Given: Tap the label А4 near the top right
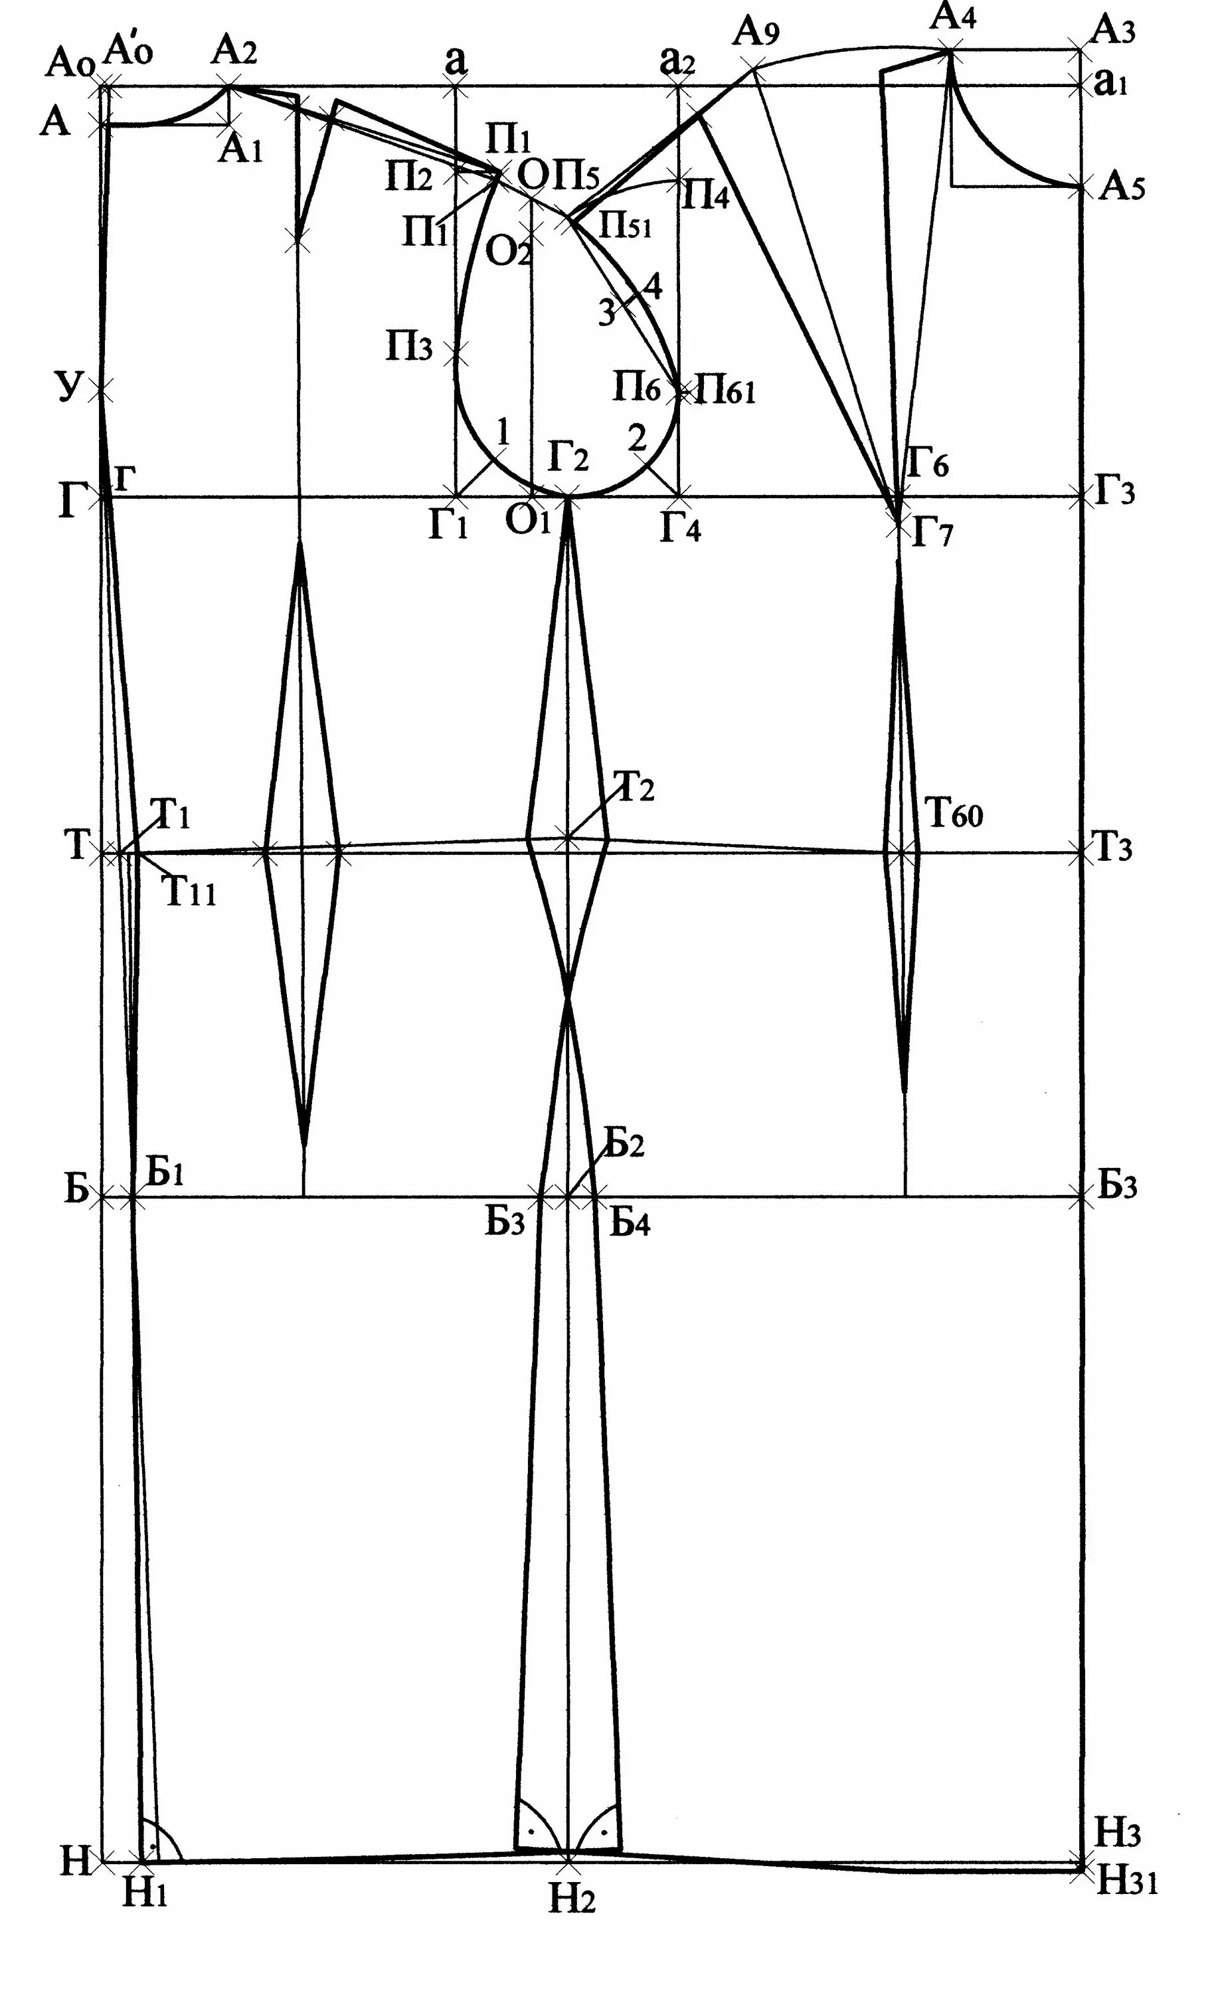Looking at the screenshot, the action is point(953,16).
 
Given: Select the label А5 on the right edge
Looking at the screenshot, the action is point(1122,189).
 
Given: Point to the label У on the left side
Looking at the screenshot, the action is point(70,387).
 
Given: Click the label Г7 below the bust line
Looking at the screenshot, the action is point(932,535).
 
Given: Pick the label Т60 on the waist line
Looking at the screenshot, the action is point(954,814).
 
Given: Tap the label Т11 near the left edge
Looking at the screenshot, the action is point(191,892).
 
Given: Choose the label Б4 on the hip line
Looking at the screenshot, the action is point(630,1224).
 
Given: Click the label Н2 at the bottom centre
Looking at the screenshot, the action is point(572,1900).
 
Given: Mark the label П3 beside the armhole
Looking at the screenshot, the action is point(409,349).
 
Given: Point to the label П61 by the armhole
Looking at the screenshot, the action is point(725,391).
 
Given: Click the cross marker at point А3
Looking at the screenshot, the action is point(1081,49).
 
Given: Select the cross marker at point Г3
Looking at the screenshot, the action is point(1081,498).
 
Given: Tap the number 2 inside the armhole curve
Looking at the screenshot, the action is point(637,439).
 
